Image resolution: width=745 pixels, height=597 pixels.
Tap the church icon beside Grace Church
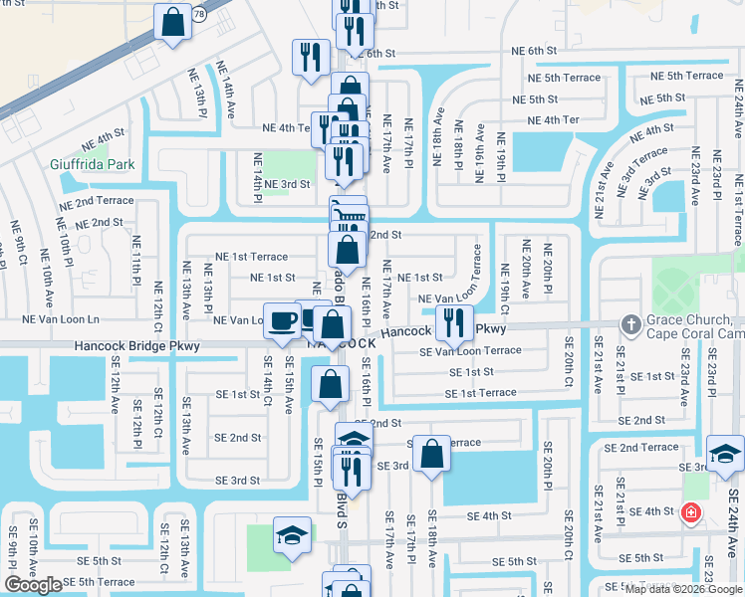coord(629,324)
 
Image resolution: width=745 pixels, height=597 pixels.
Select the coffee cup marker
coord(282,319)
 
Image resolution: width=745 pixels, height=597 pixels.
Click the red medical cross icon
coord(689,512)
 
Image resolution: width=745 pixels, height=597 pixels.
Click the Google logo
coord(33,585)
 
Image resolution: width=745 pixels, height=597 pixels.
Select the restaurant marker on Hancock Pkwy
coord(453,320)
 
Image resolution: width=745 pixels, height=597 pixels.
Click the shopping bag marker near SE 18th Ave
coord(431,454)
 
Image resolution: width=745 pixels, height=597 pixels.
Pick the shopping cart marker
coord(348,213)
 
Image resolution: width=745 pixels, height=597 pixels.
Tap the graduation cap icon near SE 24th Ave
coord(725,452)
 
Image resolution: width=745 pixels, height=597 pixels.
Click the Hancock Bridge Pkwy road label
coord(136,346)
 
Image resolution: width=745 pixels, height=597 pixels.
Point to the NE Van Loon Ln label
coord(61,319)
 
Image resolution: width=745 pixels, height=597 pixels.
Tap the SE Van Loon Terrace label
coord(470,351)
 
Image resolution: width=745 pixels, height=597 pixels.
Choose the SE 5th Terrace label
coord(100,582)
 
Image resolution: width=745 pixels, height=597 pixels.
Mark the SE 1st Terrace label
coord(480,393)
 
